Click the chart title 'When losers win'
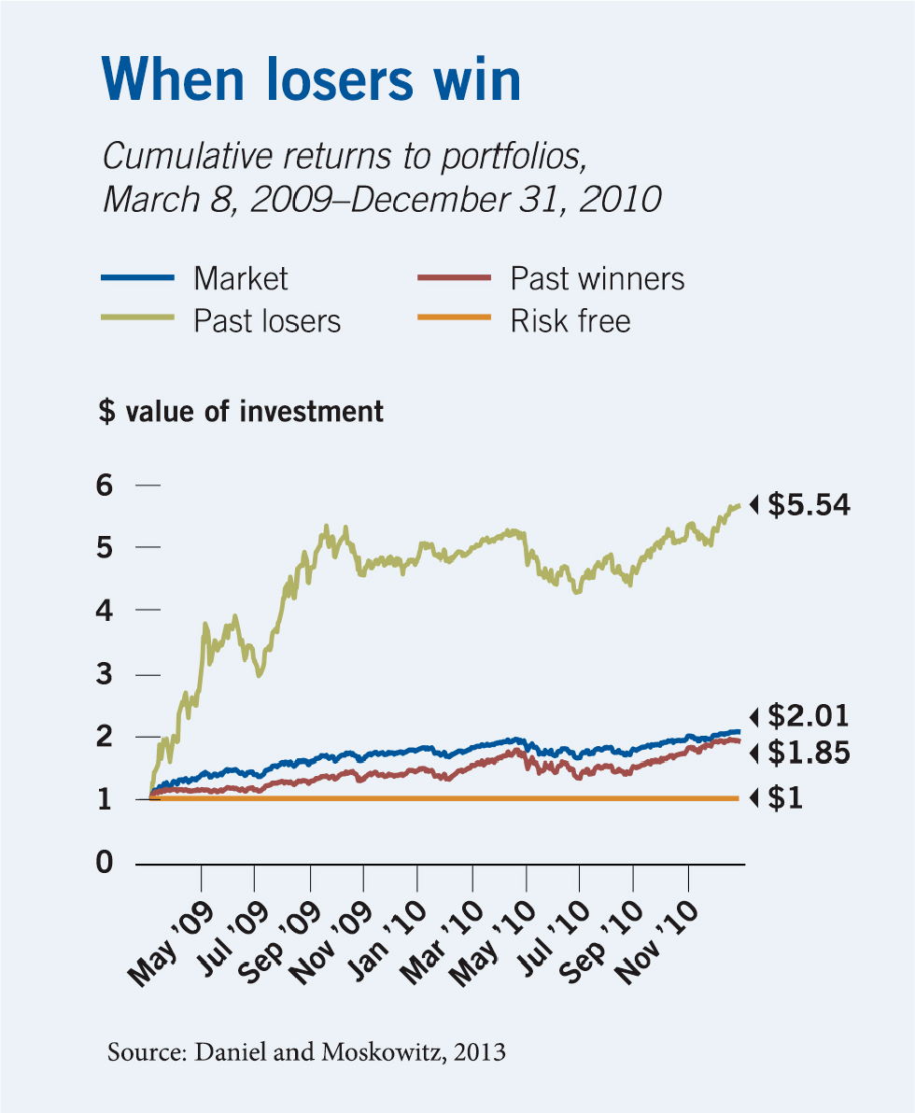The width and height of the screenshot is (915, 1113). pos(310,80)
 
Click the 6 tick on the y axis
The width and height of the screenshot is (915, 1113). pos(104,486)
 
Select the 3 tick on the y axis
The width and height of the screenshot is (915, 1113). pos(104,674)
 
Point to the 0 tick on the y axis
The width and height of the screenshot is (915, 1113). pos(104,863)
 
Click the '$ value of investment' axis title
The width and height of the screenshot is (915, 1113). pos(241,412)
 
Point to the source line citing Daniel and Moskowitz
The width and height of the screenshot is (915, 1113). pos(306,1052)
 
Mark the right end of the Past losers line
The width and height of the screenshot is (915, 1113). pos(739,506)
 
